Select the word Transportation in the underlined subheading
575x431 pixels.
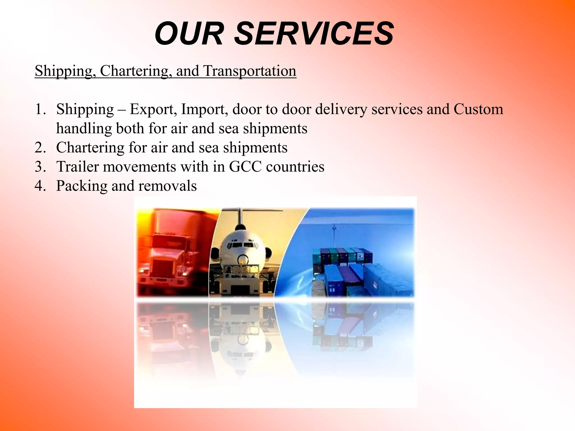coord(250,71)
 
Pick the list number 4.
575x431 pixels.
coord(40,186)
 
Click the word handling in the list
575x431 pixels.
coord(84,129)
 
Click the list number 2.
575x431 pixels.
coord(40,147)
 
